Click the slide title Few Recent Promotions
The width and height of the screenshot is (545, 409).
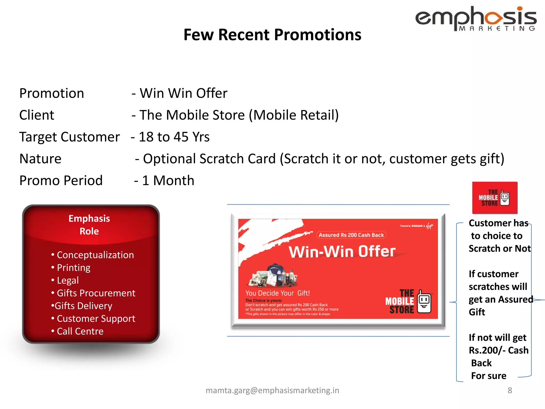coord(272,35)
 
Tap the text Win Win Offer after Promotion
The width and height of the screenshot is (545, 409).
coord(183,93)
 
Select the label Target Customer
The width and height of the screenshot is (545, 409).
coord(69,137)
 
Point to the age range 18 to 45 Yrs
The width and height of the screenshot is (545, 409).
coord(174,137)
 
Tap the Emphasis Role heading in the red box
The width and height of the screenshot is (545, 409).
coord(89,225)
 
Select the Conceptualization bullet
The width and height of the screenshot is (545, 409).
coord(95,255)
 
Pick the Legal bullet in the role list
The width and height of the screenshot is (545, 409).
coord(68,280)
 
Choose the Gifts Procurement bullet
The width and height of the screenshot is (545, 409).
coord(96,293)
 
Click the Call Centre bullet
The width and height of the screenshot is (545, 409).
coord(80,331)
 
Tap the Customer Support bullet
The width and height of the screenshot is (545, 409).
coord(96,319)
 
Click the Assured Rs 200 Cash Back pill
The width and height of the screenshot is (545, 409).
coord(351,235)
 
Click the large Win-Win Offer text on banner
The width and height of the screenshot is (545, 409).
coord(342,252)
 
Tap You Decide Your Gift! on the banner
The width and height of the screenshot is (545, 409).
coord(277,293)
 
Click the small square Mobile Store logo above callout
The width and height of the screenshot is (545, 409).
coord(494,198)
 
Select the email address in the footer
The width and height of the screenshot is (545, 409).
coord(272,390)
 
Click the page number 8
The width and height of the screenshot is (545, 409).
coord(510,390)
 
